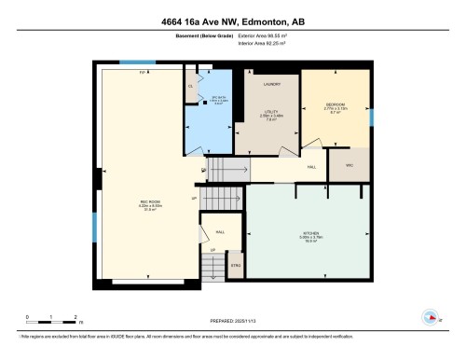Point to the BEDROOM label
coord(336,104)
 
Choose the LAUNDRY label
coord(272,84)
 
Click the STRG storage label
coord(237,266)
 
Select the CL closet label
coord(190,86)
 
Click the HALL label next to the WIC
coord(310,168)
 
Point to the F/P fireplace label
coord(143,72)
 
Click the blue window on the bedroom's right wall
coord(371,118)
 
